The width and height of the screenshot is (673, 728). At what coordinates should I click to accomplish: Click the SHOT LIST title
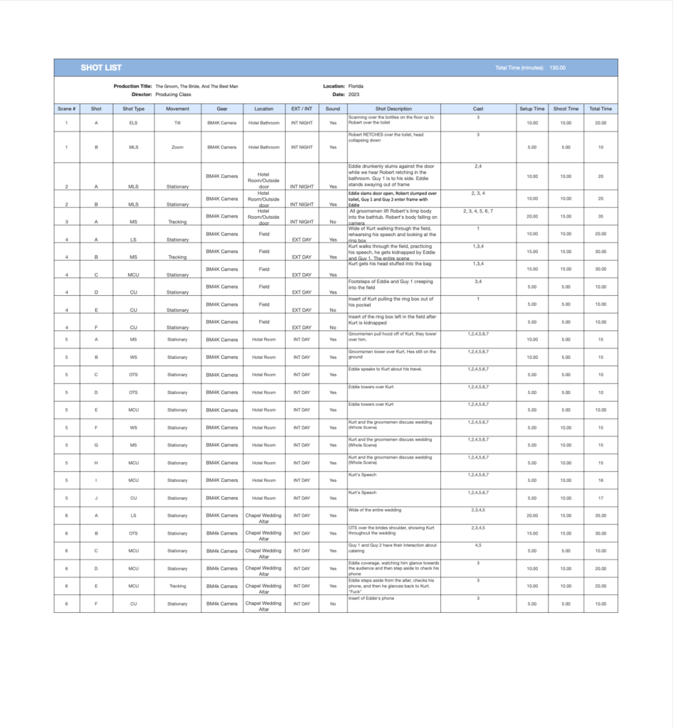(101, 68)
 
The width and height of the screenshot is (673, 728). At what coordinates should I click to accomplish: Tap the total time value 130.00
(558, 68)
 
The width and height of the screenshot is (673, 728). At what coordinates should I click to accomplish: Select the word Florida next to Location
(356, 86)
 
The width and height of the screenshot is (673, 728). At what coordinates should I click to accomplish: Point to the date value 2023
(354, 94)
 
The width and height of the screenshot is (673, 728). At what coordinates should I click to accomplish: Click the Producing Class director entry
(173, 94)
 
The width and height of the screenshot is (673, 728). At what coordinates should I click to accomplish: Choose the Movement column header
(177, 109)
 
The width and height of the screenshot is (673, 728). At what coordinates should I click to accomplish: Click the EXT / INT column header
(302, 109)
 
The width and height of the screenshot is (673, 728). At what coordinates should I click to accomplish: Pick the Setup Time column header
(531, 109)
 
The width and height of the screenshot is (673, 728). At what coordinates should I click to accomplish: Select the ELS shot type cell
(134, 123)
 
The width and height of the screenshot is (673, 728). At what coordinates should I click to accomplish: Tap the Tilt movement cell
(177, 123)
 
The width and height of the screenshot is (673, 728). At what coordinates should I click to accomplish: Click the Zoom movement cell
(177, 147)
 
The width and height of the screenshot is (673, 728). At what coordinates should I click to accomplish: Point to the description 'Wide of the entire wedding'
(375, 510)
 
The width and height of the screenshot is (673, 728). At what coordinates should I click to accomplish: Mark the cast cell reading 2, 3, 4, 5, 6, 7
(478, 211)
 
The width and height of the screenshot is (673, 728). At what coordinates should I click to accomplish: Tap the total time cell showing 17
(600, 498)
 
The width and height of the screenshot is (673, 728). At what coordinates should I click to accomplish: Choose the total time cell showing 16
(600, 480)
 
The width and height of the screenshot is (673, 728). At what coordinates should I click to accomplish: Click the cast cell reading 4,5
(478, 545)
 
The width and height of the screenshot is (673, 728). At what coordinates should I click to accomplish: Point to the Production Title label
(132, 86)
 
